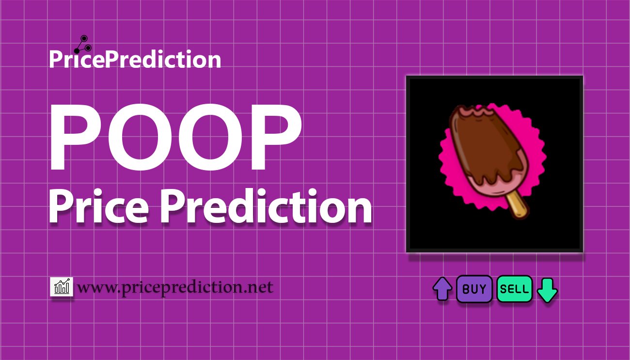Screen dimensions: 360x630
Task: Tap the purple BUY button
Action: point(474,289)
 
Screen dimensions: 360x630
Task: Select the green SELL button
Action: point(514,289)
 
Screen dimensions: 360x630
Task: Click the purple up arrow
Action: point(442,289)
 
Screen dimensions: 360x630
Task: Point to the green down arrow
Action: point(547,290)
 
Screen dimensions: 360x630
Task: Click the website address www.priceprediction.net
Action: point(175,287)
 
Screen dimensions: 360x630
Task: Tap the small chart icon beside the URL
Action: point(62,287)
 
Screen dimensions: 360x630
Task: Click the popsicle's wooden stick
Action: point(518,206)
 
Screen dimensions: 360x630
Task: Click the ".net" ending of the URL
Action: point(259,288)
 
